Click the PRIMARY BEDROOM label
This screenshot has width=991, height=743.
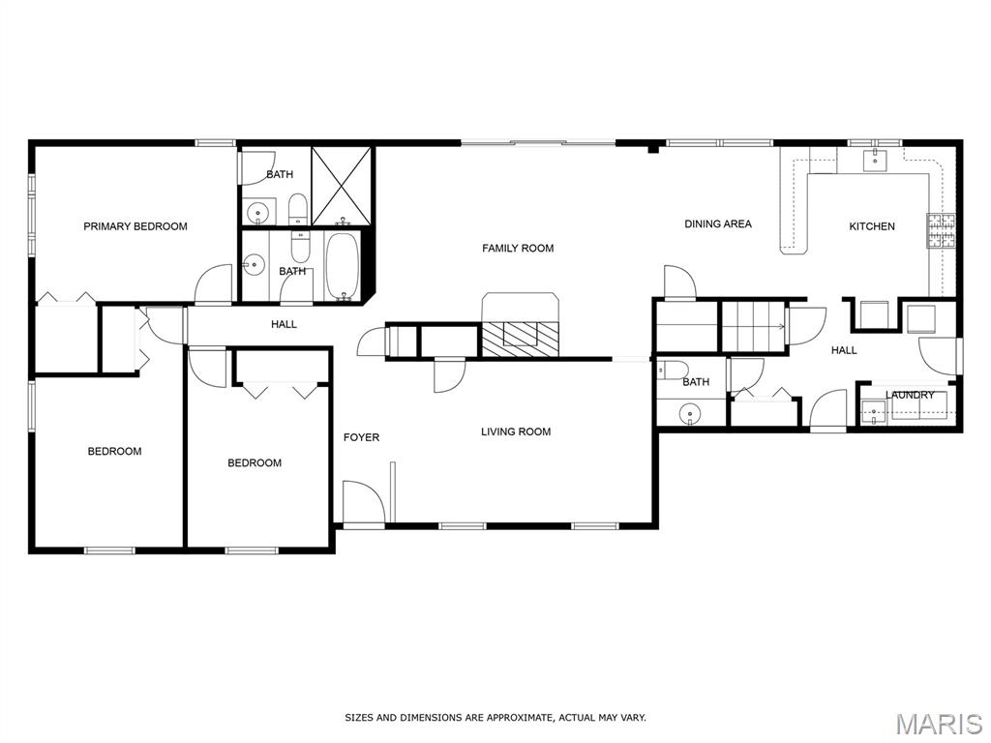135,226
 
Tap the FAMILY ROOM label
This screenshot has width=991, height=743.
518,249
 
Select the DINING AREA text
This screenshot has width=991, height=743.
718,223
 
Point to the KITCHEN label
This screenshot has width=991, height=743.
872,226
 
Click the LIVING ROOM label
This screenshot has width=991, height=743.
516,431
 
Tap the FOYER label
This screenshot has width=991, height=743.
362,437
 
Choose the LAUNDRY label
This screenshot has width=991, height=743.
910,395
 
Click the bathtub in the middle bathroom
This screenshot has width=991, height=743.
343,266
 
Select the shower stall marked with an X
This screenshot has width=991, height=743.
342,186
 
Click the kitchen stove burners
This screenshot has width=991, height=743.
941,230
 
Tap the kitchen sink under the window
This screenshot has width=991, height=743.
875,161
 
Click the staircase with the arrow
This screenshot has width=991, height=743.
753,327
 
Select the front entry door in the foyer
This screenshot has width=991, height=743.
364,502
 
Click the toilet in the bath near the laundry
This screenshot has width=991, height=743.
672,371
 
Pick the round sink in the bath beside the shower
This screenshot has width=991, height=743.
257,212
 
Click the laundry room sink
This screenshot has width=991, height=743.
874,412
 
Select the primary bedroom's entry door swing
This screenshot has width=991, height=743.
213,284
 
